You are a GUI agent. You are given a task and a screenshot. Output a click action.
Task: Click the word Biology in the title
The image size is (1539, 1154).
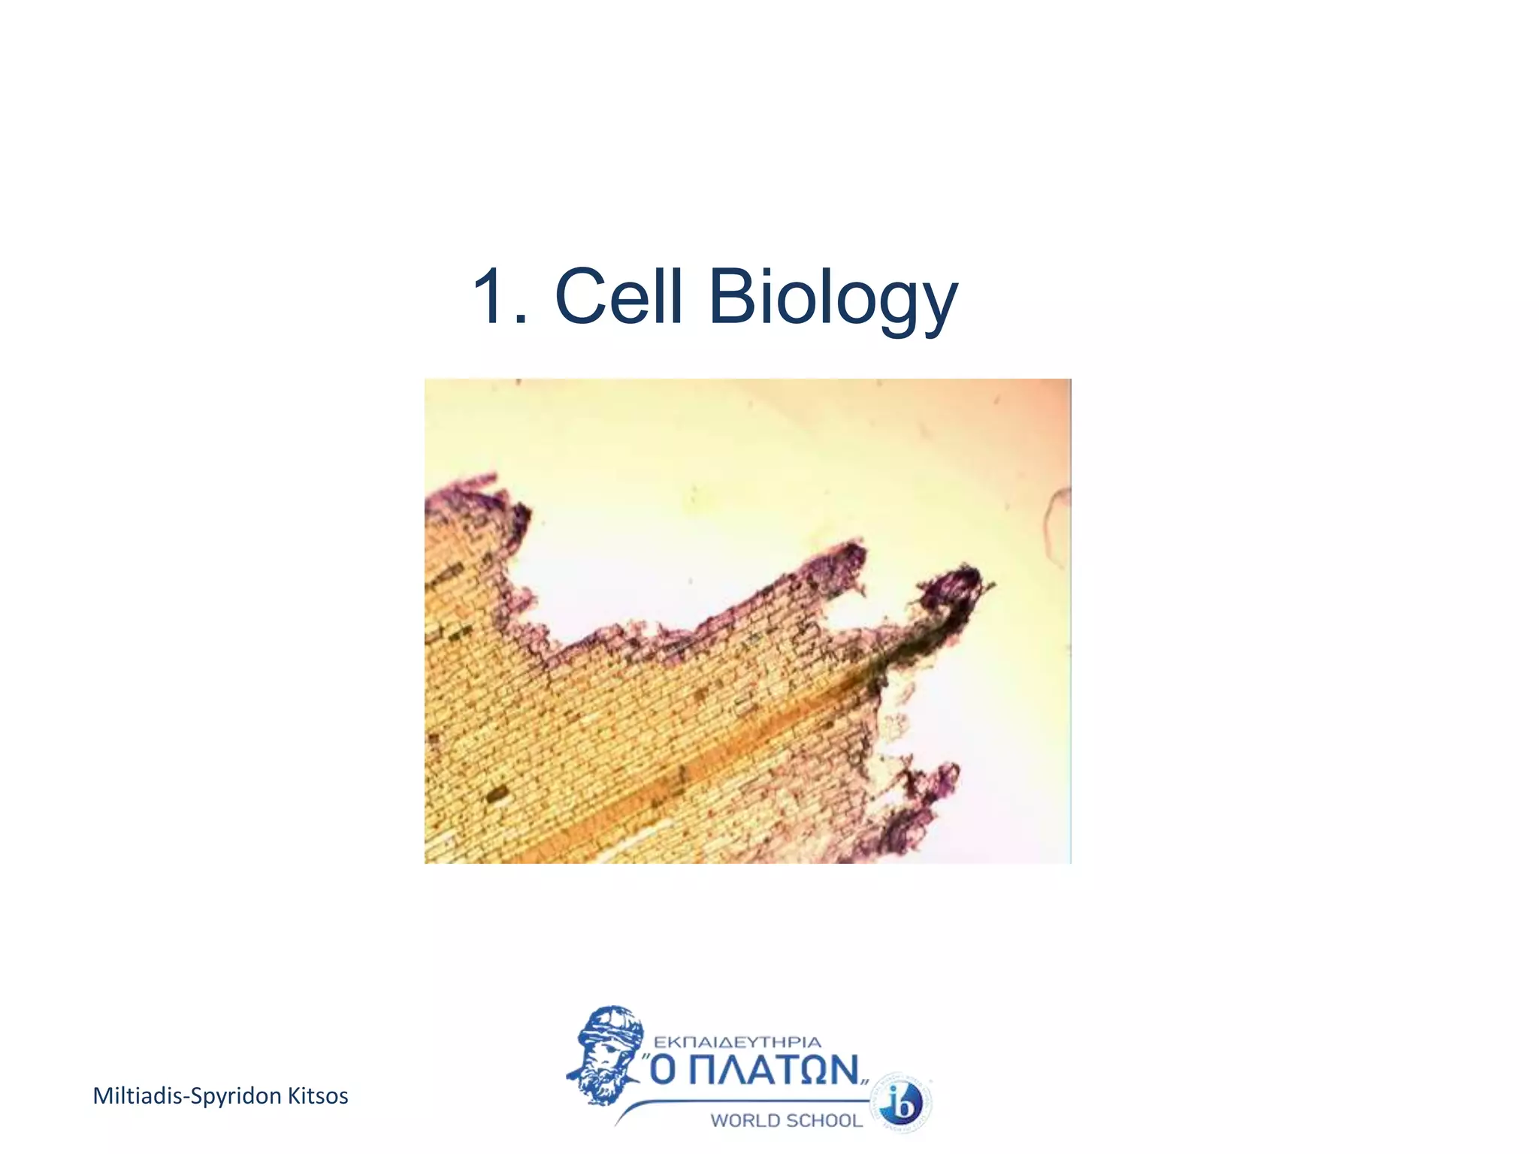pyautogui.click(x=833, y=298)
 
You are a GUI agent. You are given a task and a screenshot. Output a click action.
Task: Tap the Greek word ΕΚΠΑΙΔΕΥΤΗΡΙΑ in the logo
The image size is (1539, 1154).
pyautogui.click(x=737, y=1042)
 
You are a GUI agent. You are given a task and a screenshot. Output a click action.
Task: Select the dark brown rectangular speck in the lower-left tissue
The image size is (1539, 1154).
pyautogui.click(x=496, y=793)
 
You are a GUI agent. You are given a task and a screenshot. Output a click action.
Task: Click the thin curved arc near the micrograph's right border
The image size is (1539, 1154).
pyautogui.click(x=1054, y=526)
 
